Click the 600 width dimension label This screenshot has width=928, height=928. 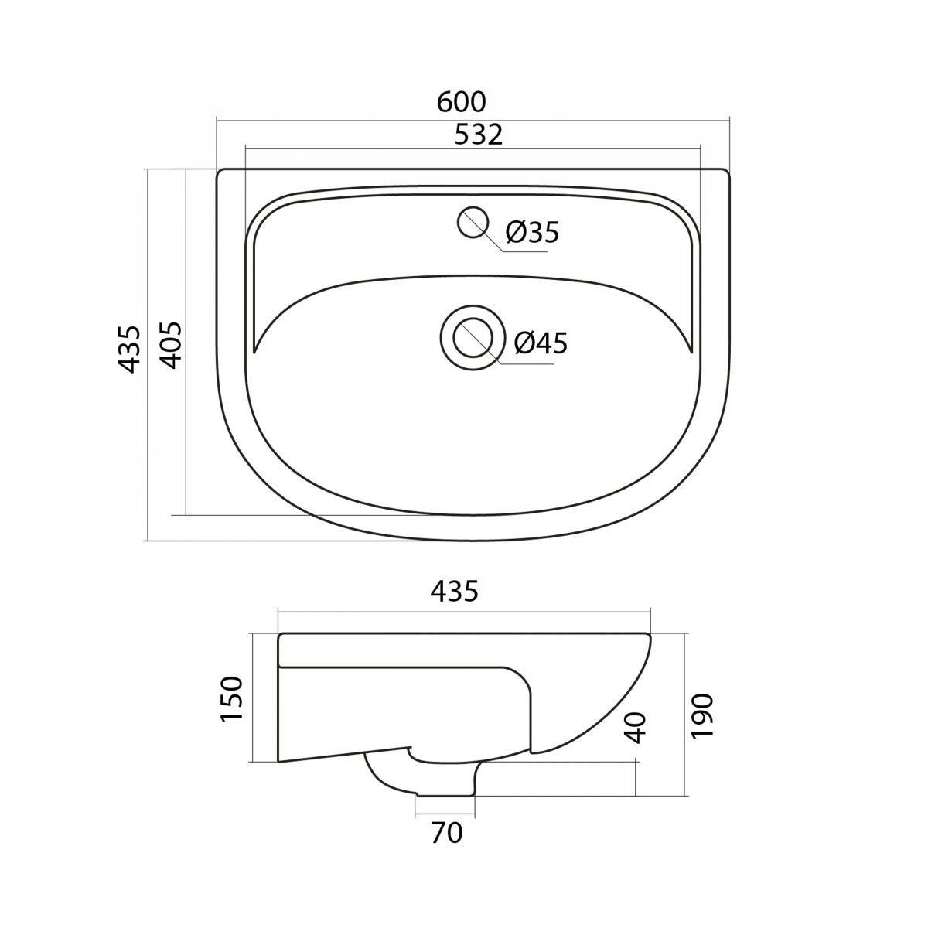462,102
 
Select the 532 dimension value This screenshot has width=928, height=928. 478,135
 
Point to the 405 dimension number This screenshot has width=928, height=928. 170,345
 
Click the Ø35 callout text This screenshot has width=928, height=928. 532,232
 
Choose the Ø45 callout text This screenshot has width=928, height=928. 541,343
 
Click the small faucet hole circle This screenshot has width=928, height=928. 473,222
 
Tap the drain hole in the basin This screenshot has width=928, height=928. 472,338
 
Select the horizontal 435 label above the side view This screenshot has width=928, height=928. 454,591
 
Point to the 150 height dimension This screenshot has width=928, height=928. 232,706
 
